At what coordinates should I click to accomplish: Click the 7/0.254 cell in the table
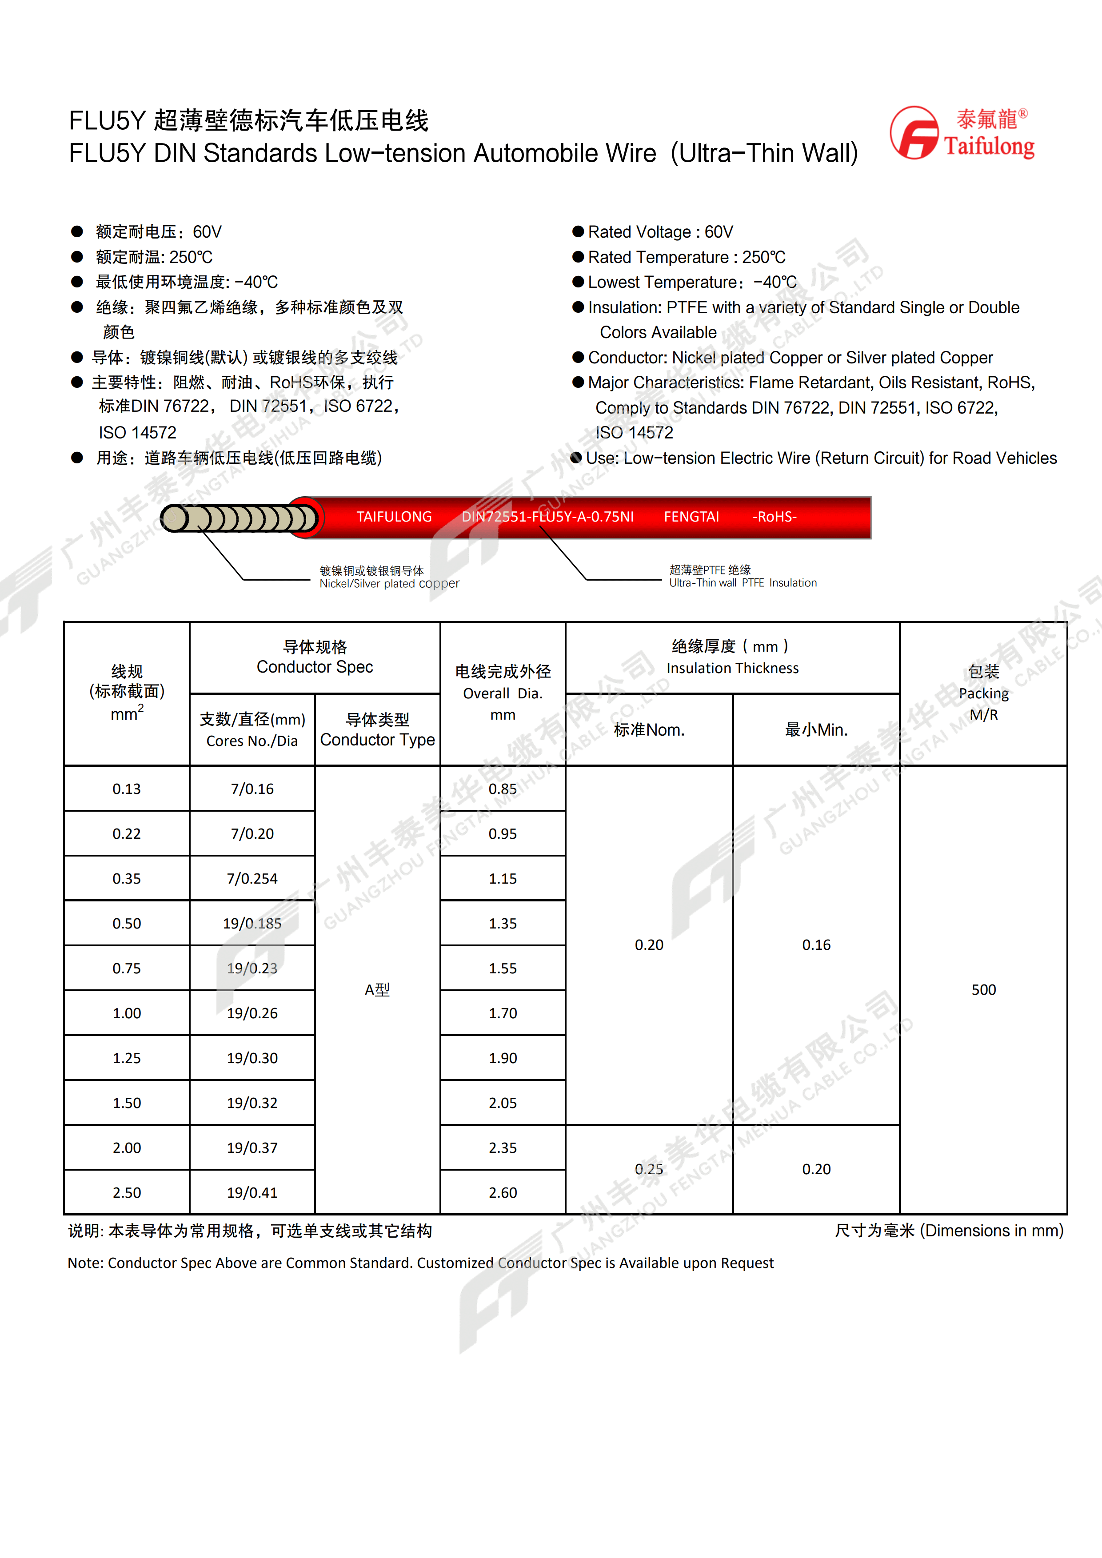(x=252, y=878)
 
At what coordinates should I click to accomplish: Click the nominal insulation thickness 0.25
(x=649, y=1169)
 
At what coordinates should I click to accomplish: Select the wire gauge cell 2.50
(x=127, y=1192)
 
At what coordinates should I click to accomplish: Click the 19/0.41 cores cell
(x=252, y=1192)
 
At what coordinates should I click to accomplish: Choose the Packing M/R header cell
(x=983, y=693)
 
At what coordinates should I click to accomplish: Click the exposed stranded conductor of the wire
(x=237, y=518)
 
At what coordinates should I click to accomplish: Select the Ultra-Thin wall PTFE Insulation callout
(x=743, y=577)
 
